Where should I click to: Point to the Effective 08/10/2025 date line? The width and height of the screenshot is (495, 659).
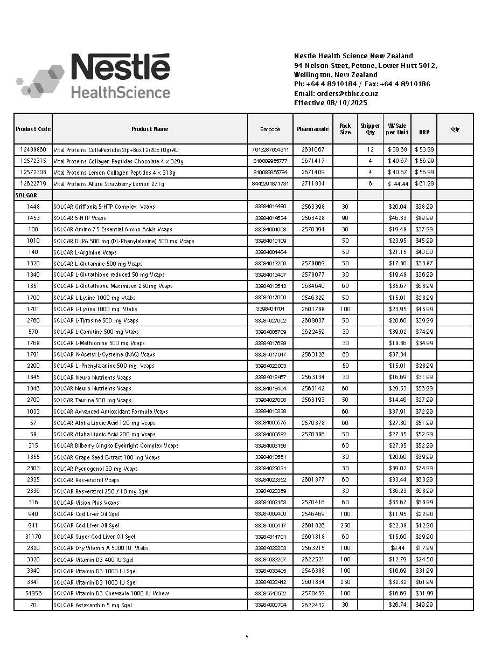(x=330, y=102)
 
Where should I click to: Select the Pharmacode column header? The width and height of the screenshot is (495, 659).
(x=312, y=129)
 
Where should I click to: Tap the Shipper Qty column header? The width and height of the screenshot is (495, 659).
(x=370, y=129)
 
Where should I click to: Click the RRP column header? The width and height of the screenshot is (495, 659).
(x=424, y=132)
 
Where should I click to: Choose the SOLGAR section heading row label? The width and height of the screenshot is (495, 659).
(x=26, y=195)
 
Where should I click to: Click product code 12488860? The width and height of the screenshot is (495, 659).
(x=33, y=149)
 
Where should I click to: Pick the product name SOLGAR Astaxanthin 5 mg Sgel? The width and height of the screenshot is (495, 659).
(x=93, y=605)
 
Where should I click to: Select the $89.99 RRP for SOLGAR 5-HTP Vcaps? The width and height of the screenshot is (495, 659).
(x=424, y=218)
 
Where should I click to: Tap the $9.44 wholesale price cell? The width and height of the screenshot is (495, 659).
(x=398, y=548)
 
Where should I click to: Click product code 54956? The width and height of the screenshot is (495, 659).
(x=33, y=593)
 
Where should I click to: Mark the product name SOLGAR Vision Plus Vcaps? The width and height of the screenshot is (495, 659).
(x=86, y=503)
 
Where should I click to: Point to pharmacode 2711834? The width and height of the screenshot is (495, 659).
(x=312, y=184)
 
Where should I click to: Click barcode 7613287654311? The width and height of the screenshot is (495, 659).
(x=270, y=149)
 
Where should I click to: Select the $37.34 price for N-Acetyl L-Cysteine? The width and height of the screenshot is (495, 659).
(x=398, y=354)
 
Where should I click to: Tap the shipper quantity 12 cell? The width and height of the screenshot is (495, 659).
(x=370, y=149)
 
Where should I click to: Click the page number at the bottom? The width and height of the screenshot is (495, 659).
(x=247, y=636)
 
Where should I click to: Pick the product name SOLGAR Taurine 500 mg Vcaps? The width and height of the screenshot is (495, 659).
(x=92, y=400)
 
